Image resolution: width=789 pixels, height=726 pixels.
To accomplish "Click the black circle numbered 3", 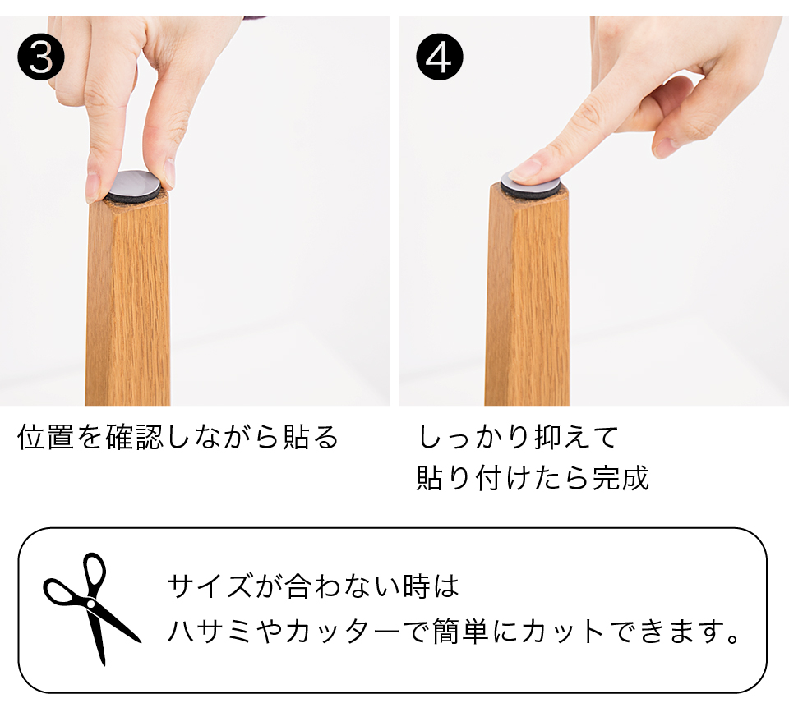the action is tap(41, 57).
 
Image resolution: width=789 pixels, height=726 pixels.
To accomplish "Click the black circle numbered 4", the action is tap(439, 57).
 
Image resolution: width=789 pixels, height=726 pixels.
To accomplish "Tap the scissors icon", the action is tap(91, 609).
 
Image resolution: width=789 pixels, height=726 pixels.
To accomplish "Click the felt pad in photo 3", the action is tap(134, 187).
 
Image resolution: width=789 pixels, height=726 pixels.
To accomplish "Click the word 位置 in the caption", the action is tap(46, 436).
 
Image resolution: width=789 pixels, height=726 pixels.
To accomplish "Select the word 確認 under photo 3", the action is tap(135, 436).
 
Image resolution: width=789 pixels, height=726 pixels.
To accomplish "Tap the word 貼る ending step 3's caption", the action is tap(310, 436).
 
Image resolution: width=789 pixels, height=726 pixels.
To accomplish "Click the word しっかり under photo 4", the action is tap(474, 436).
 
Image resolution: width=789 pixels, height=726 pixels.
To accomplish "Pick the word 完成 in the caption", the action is tap(621, 478).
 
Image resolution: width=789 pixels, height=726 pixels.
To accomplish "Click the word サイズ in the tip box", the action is tap(209, 586).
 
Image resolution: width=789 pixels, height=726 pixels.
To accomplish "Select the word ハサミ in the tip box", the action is tap(209, 631).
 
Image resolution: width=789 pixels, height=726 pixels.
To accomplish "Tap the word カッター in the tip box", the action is tap(344, 631).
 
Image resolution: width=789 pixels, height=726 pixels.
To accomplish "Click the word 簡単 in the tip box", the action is tap(460, 631).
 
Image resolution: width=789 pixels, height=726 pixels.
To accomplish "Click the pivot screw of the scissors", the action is tap(90, 604).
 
